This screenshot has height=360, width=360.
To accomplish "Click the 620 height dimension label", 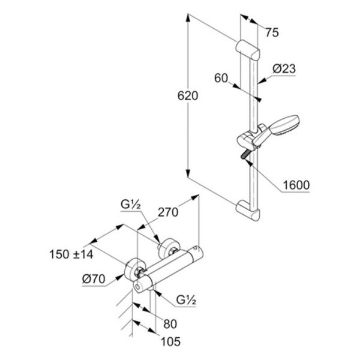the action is click(188, 96).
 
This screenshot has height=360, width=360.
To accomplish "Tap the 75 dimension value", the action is click(272, 32).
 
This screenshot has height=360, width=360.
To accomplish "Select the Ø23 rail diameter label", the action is click(284, 68).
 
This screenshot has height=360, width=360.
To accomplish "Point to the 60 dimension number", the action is click(221, 78).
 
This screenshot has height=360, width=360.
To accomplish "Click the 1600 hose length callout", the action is click(296, 185).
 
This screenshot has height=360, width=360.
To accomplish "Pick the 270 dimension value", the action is click(168, 212).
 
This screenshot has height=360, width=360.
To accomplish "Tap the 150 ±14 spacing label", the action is click(71, 254).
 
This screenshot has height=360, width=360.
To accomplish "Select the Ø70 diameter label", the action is click(94, 279).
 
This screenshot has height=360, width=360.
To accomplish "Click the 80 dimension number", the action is click(170, 324).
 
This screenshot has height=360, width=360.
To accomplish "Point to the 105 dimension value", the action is click(170, 341).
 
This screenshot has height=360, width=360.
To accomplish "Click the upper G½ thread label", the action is click(130, 205).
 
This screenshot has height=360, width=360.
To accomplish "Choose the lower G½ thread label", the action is click(186, 300).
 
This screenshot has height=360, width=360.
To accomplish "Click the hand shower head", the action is click(284, 125).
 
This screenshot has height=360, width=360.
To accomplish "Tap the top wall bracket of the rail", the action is click(248, 49).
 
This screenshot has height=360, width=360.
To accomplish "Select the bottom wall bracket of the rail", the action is click(248, 210).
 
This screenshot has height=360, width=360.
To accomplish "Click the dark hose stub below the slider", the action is click(244, 155).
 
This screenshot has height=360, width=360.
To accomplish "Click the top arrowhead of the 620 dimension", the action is click(188, 18).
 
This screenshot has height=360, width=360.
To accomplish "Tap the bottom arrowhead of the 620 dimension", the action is click(188, 173).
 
